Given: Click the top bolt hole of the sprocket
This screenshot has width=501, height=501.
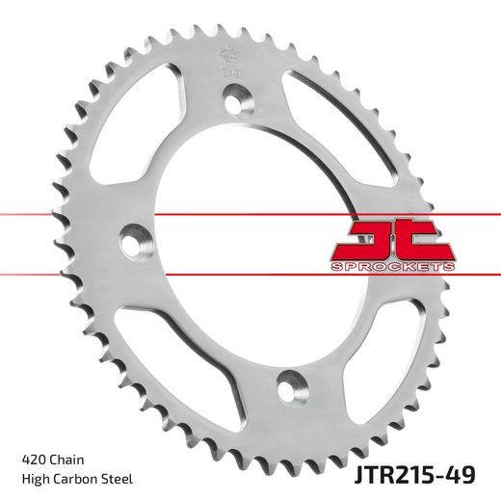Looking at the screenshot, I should (235, 97).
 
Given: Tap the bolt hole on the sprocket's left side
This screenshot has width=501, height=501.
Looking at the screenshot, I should (131, 236).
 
